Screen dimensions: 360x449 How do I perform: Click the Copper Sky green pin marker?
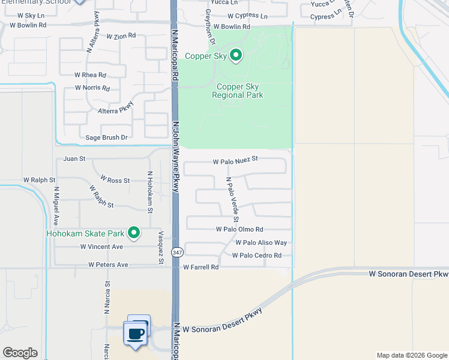click(236, 56)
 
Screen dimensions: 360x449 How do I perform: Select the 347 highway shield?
click(176, 253)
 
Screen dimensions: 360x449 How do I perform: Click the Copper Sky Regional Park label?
click(238, 91)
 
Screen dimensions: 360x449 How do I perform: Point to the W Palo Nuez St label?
click(235, 160)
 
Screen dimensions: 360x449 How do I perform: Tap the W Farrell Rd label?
click(200, 267)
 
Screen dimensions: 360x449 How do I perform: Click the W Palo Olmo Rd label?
click(240, 229)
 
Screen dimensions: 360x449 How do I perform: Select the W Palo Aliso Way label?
click(261, 242)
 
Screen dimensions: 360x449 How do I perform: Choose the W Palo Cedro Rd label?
click(256, 256)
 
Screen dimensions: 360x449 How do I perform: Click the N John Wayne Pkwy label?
click(176, 157)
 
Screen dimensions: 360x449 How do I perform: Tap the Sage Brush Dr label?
click(107, 137)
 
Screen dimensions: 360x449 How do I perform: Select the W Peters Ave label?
click(108, 264)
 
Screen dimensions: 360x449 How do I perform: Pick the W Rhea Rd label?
click(90, 75)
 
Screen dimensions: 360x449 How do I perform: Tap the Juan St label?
click(74, 159)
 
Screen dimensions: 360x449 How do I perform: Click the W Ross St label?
click(115, 179)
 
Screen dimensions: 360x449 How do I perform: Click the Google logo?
click(20, 353)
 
